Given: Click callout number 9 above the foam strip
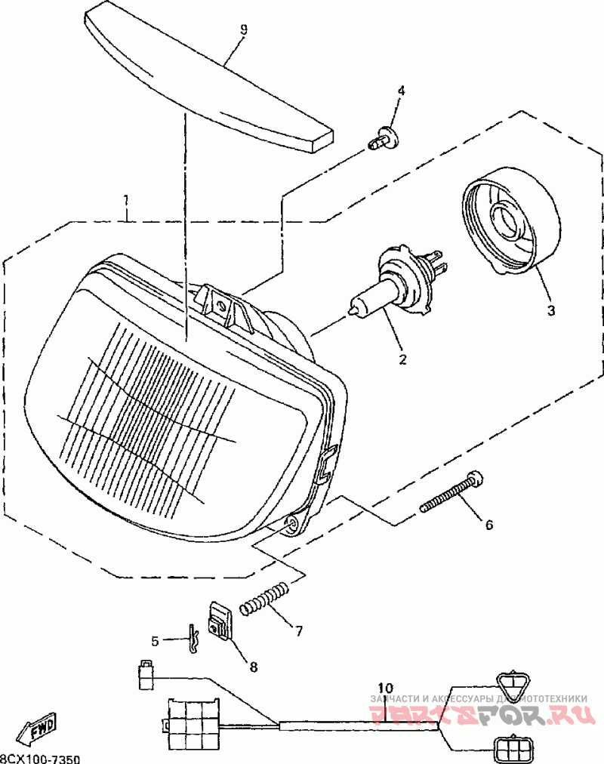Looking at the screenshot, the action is click(x=244, y=29).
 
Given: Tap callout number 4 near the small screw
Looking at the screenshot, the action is click(x=401, y=91).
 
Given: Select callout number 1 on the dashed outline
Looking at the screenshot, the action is click(x=126, y=200).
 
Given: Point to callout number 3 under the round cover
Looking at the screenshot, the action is click(x=550, y=310).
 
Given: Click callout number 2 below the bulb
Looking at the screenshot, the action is click(x=402, y=359).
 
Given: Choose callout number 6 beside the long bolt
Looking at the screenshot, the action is click(x=488, y=524).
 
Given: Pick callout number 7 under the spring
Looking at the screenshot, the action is click(x=299, y=630).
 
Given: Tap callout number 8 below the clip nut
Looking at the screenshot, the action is click(x=253, y=667).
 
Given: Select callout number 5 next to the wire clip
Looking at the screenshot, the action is click(x=155, y=641).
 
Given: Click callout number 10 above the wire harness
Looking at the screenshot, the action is click(x=385, y=688).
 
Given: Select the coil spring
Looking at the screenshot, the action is click(x=263, y=598).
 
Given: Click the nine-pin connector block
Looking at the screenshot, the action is click(x=194, y=717).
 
